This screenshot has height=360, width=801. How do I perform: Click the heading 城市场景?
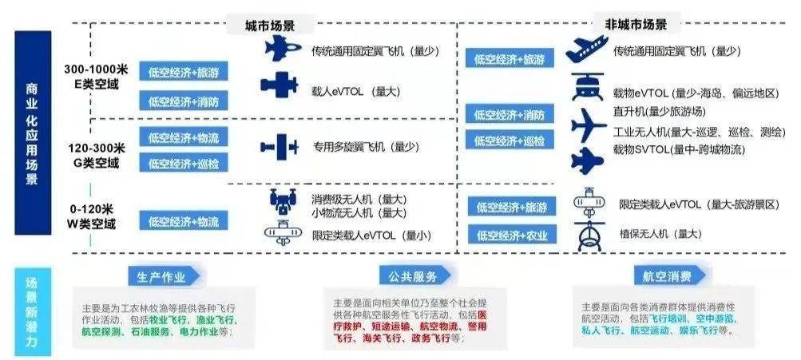(270, 26)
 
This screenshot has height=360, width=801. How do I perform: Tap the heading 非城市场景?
(636, 24)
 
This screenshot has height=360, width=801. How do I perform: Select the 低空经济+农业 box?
(512, 235)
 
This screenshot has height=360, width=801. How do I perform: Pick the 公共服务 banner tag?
(413, 276)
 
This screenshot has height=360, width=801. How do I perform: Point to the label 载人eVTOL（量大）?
(356, 92)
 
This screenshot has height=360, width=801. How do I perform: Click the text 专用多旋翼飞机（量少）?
(366, 147)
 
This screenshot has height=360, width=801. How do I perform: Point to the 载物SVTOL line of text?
(679, 149)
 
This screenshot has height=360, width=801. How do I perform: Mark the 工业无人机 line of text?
(699, 133)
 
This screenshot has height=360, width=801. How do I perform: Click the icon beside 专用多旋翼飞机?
(279, 147)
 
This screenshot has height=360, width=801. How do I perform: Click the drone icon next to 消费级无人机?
(283, 200)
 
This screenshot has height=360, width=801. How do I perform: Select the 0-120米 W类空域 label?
(92, 216)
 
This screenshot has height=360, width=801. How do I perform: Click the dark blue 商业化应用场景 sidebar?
(33, 133)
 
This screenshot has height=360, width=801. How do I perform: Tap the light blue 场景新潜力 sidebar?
(33, 312)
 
